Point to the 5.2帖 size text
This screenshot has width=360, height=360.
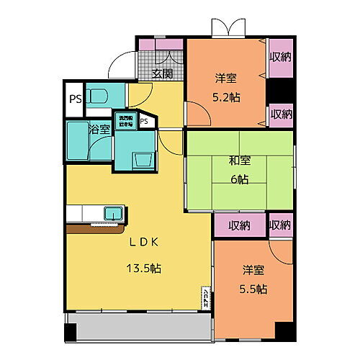pyautogui.click(x=225, y=98)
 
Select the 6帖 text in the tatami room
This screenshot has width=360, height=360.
pyautogui.click(x=239, y=180)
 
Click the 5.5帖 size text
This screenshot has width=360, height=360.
pyautogui.click(x=253, y=289)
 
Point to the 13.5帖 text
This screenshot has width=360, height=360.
pyautogui.click(x=144, y=268)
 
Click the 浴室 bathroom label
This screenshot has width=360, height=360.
pyautogui.click(x=99, y=130)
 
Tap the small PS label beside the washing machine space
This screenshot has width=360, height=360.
pyautogui.click(x=144, y=121)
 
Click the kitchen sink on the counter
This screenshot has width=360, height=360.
pyautogui.click(x=113, y=213)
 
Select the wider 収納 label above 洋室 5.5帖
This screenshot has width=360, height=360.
pyautogui.click(x=240, y=225)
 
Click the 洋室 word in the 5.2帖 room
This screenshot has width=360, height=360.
pyautogui.click(x=225, y=78)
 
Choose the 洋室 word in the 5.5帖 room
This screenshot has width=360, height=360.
pyautogui.click(x=252, y=270)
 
